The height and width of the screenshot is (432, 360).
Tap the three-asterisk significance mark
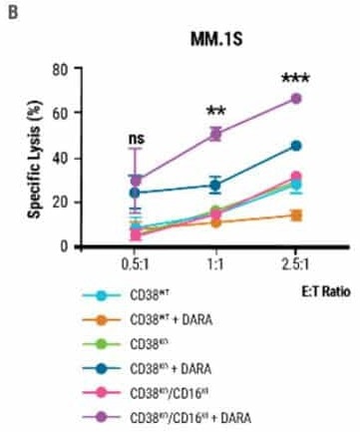point(295,79)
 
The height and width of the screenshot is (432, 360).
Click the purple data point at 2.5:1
point(296,98)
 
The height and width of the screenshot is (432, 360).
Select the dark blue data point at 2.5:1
point(296,146)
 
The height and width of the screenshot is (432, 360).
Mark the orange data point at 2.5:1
point(296,215)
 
